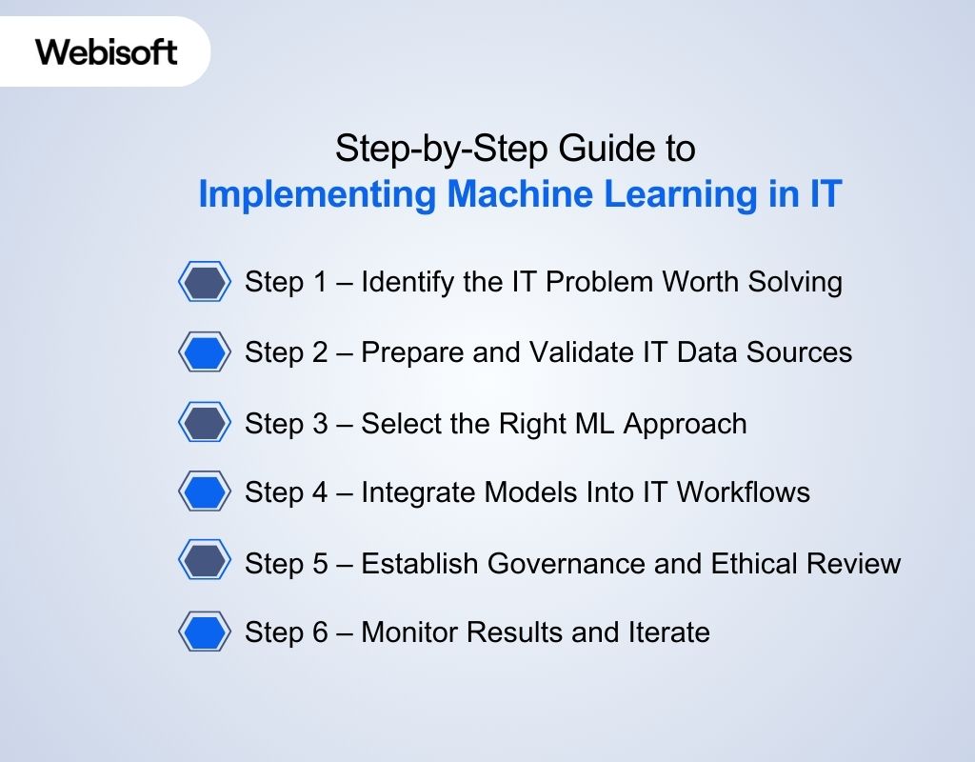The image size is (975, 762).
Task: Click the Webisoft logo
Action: [x=107, y=51]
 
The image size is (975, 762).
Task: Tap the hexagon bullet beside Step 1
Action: [x=205, y=282]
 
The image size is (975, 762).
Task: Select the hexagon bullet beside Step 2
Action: [x=205, y=352]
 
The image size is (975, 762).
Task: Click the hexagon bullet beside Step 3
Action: [x=205, y=423]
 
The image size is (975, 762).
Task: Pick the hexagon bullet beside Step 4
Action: [x=205, y=492]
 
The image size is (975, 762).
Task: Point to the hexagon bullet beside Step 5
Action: [x=205, y=562]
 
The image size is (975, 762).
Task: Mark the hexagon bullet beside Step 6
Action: [x=205, y=632]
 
